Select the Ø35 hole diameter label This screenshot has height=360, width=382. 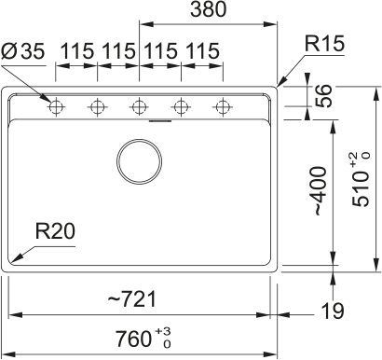pyautogui.click(x=23, y=51)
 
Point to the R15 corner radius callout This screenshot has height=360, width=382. pyautogui.click(x=323, y=43)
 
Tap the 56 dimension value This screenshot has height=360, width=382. pyautogui.click(x=324, y=98)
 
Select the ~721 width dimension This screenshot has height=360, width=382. pyautogui.click(x=130, y=298)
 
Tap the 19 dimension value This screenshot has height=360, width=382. pyautogui.click(x=332, y=310)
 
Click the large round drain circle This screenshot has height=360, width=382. pyautogui.click(x=138, y=160)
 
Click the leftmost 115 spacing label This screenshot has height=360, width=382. pyautogui.click(x=76, y=51)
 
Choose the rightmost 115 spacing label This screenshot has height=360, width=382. pyautogui.click(x=201, y=51)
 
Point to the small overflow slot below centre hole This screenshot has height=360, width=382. pyautogui.click(x=160, y=119)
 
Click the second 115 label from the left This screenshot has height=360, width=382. pyautogui.click(x=118, y=51)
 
